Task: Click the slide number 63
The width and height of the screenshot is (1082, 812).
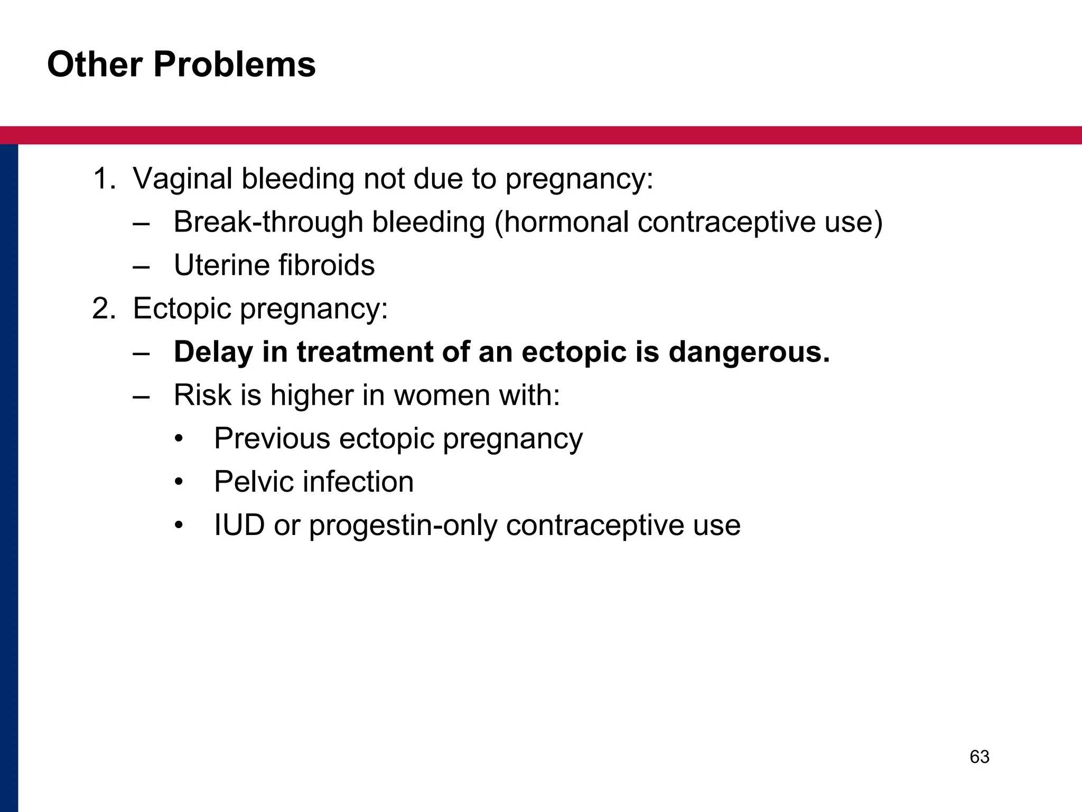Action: coord(979,757)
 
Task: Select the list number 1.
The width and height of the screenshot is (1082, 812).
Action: coord(102,179)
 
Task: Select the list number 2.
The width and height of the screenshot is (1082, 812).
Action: coord(102,309)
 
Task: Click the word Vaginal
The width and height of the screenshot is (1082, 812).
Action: coord(182,179)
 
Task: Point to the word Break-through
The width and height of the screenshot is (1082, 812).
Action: coord(268,222)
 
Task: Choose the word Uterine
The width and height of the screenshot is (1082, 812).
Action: coord(221,265)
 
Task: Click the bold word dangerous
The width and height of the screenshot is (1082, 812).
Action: coord(749,352)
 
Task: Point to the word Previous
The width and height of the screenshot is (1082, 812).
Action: coord(272,439)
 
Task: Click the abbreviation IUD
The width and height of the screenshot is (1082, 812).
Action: coord(239,525)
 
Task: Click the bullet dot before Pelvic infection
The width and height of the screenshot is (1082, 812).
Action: coord(179,483)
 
